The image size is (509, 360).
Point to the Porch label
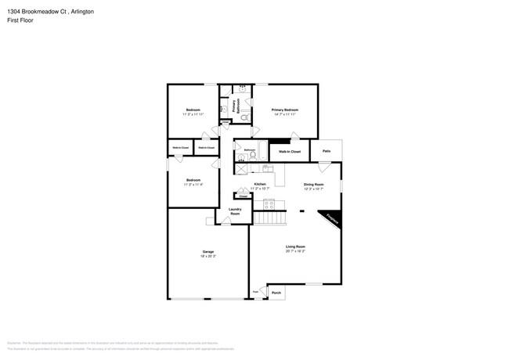click(276, 293)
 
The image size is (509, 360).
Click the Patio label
click(327, 151)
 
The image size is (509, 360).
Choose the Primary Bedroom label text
click(285, 110)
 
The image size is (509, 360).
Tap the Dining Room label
click(313, 185)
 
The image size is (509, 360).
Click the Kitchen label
click(260, 185)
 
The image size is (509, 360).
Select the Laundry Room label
click(235, 211)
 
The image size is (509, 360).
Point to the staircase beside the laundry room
click(266, 218)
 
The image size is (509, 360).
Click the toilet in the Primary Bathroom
click(244, 117)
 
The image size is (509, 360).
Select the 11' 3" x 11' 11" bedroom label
click(193, 111)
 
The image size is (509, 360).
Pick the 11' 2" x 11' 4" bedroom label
click(193, 182)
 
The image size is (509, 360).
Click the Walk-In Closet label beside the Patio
click(290, 151)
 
